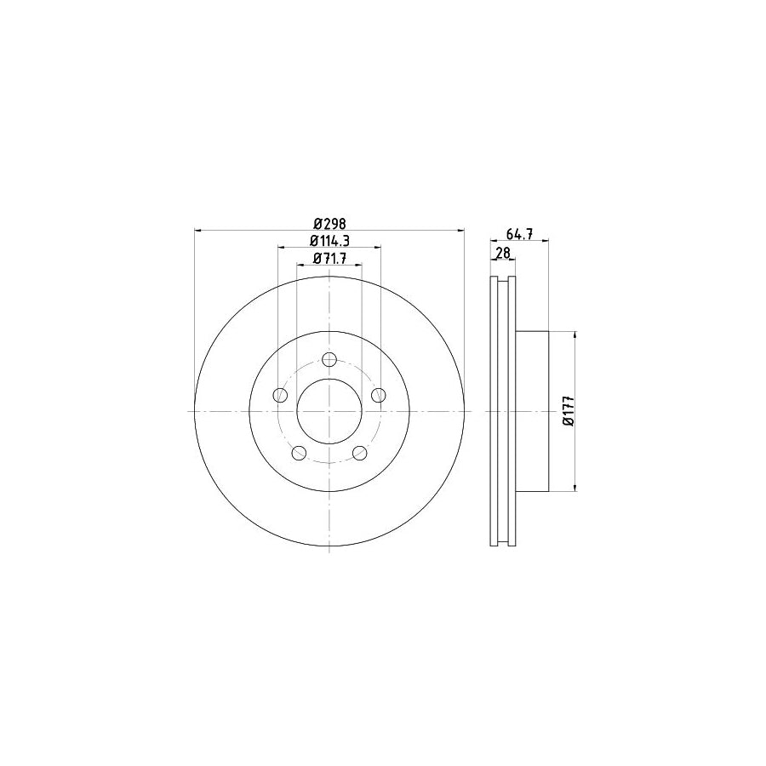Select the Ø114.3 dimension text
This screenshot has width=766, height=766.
point(329,241)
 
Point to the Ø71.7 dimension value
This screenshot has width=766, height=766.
point(329,259)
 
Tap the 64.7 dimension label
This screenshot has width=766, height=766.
point(519,234)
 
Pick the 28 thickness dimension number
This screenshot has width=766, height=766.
point(502,253)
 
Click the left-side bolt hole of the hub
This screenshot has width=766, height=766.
point(280,394)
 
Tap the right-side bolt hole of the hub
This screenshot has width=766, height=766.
point(378,394)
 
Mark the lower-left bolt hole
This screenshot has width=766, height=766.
point(299,452)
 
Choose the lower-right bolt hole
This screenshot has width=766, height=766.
point(359,452)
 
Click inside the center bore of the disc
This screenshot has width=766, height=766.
point(329,411)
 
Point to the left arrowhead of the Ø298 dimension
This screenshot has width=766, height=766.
point(200,230)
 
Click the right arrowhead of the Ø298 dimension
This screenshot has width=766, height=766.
point(460,230)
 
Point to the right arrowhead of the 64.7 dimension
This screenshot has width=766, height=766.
point(545,241)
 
